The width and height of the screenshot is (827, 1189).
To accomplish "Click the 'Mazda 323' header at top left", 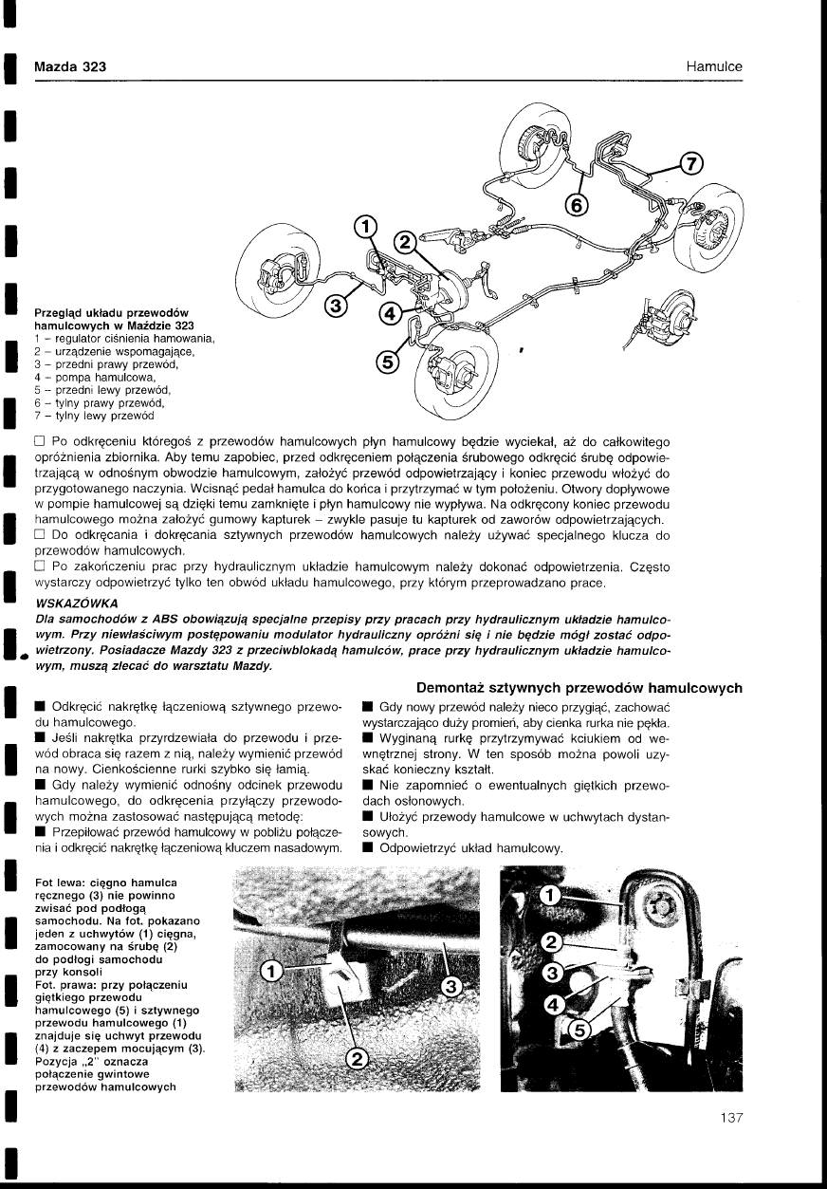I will click(69, 66).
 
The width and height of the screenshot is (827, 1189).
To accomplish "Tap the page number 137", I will click(729, 1118).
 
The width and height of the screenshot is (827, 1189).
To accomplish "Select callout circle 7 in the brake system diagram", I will click(691, 163).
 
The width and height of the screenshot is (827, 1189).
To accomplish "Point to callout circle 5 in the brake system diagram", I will click(386, 362).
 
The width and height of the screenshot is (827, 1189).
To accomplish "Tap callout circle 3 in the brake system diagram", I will click(335, 305).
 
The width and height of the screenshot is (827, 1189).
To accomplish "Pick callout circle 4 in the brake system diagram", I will click(388, 314).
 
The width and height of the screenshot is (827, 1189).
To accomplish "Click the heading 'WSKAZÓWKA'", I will click(76, 604).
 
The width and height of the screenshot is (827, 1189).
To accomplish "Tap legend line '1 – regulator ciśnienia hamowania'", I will click(125, 340).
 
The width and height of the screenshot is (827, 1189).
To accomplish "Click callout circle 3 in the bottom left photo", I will click(452, 988).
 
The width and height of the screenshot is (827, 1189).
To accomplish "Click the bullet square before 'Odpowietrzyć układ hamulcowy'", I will click(368, 847).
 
